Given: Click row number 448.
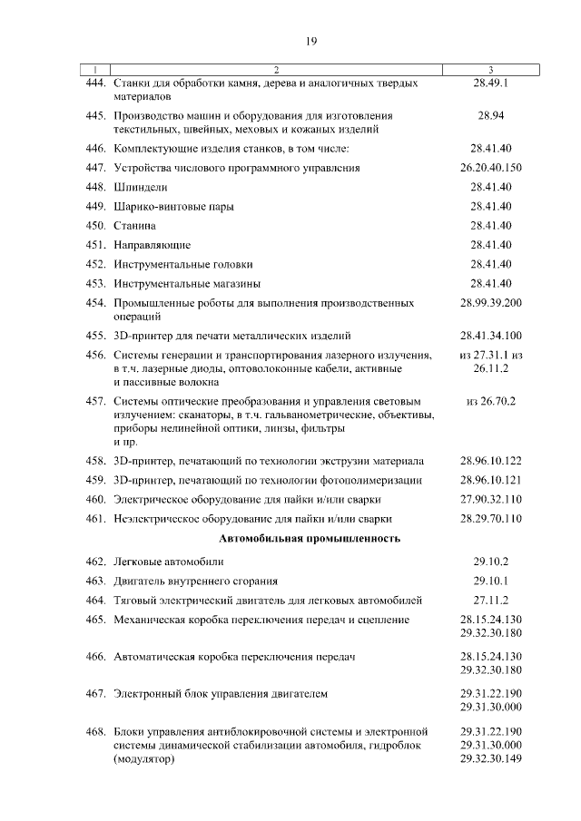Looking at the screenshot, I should click(x=96, y=187).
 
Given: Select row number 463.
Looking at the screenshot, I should click(x=96, y=581).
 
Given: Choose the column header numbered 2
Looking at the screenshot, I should click(x=276, y=69).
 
